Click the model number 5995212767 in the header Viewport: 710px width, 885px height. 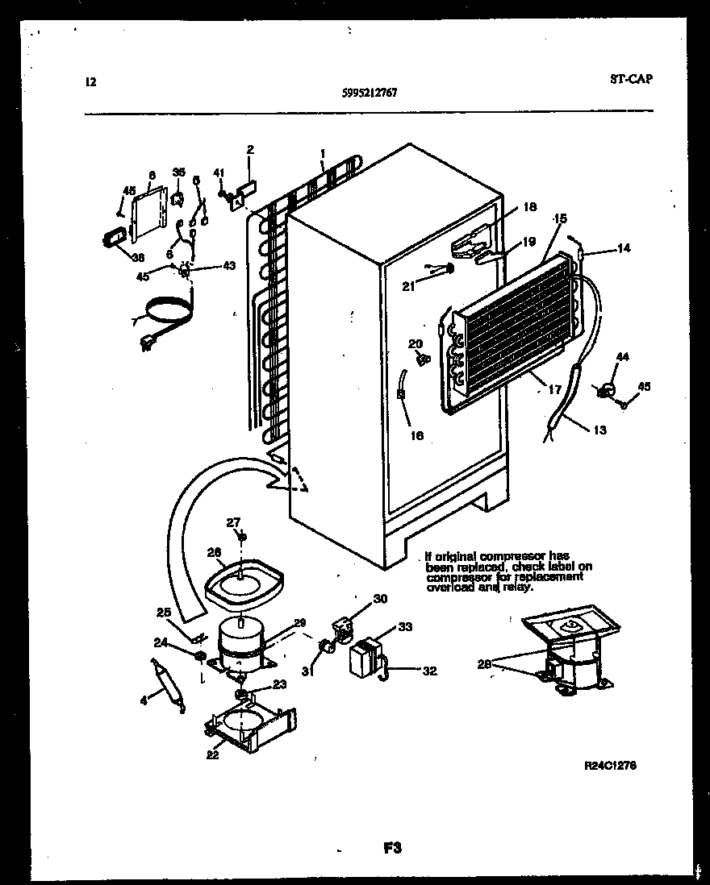click(x=370, y=92)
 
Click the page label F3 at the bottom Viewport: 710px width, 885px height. click(x=391, y=847)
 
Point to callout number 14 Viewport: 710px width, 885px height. click(x=623, y=249)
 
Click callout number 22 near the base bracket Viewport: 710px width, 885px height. click(x=212, y=755)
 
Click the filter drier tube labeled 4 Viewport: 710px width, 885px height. click(x=170, y=683)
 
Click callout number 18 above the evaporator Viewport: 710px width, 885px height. click(x=528, y=207)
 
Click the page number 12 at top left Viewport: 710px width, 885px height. click(x=90, y=81)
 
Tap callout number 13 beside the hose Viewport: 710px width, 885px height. click(x=599, y=430)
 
